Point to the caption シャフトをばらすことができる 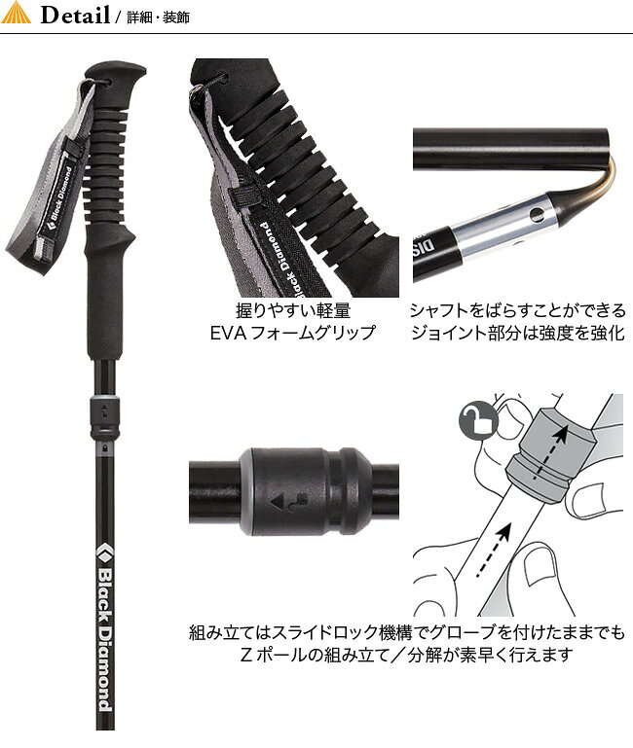(x=517, y=311)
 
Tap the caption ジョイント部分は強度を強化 (x=517, y=333)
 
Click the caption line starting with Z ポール (x=406, y=655)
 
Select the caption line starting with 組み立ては (x=406, y=633)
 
